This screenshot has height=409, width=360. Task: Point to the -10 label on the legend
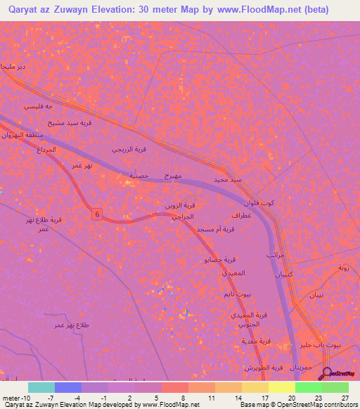coord(21,397)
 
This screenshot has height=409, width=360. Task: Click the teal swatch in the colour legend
coord(41,387)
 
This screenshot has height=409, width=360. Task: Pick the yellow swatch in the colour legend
coord(281,387)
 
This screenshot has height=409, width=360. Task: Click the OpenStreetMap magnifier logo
coord(327,374)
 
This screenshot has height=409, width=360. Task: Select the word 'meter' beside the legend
coord(8,397)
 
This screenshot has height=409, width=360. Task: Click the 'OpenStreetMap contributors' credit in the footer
coord(316,405)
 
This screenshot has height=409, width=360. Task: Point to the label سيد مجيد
coord(230,179)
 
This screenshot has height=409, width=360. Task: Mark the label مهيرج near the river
coord(173,174)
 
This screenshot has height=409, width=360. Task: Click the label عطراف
coord(241,216)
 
